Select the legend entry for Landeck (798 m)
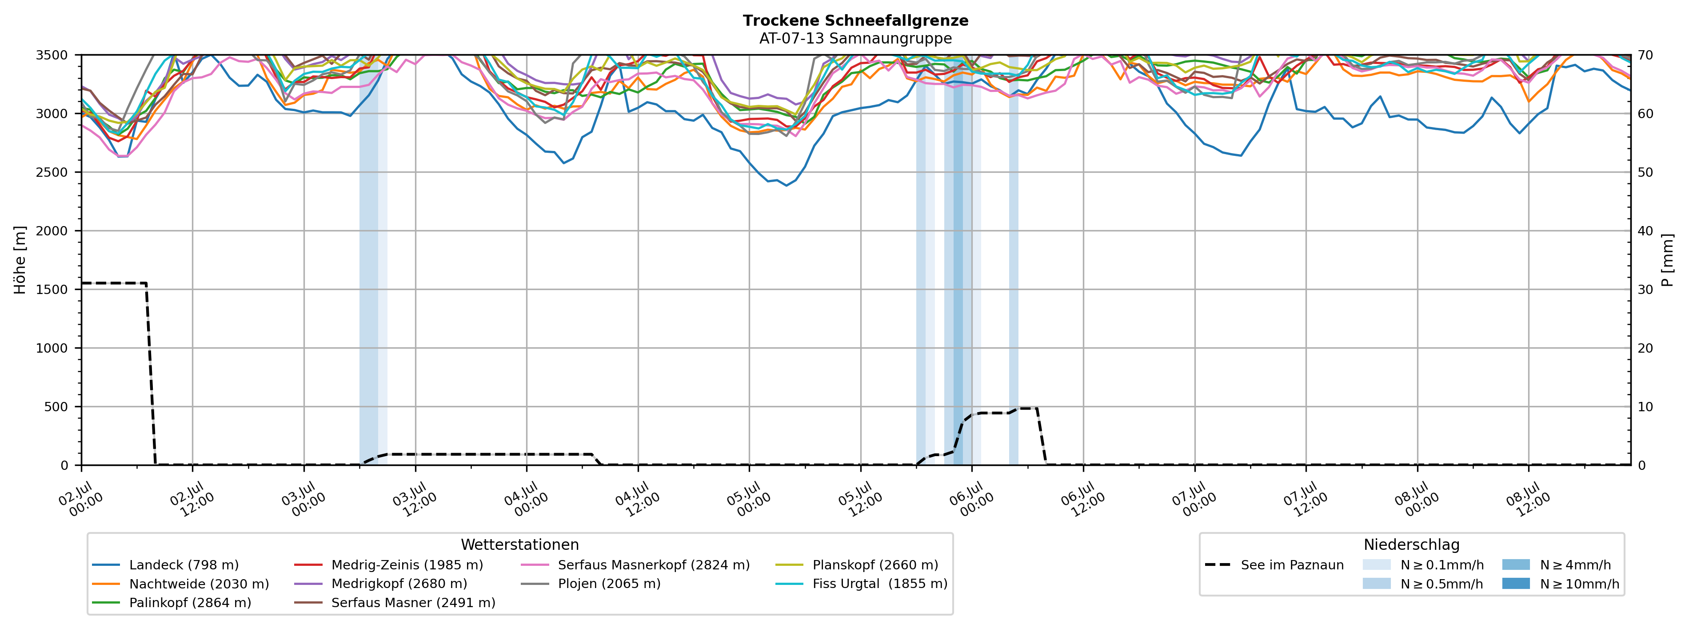pos(165,565)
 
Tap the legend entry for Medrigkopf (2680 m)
pos(380,584)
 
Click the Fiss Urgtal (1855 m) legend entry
pos(861,584)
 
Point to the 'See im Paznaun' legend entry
pos(1274,565)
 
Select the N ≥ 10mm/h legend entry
pos(1561,584)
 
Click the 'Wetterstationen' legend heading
pos(520,545)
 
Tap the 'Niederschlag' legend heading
pos(1412,545)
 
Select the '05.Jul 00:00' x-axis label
pos(749,500)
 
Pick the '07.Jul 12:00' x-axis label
pos(1306,500)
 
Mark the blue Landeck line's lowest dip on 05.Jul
pos(787,186)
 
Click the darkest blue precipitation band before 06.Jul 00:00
pos(958,259)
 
